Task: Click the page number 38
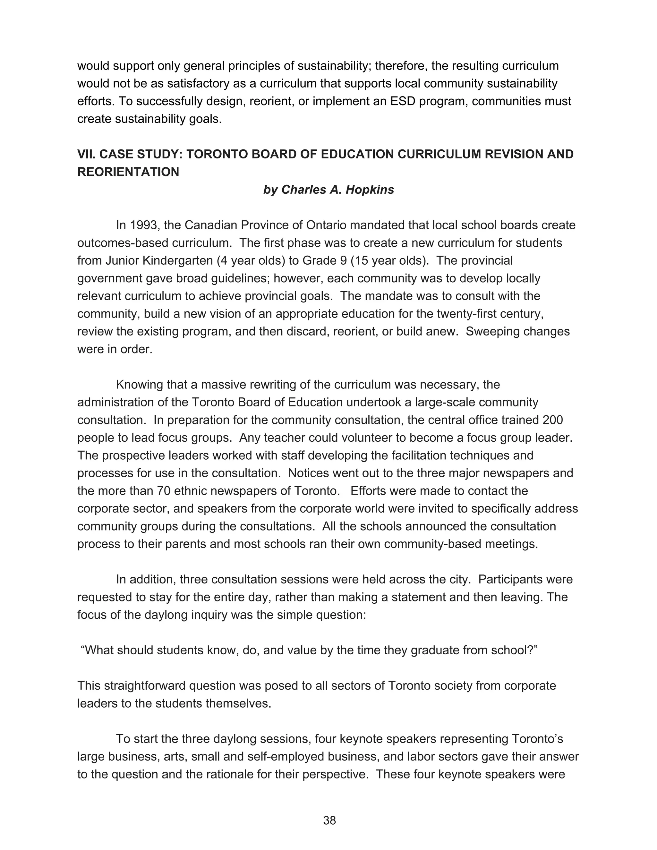click(329, 820)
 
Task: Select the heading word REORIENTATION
click(128, 172)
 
